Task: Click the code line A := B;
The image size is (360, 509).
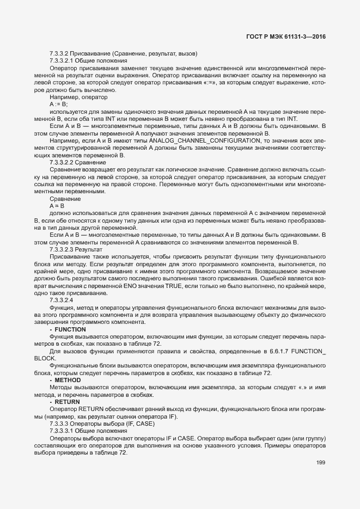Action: click(x=58, y=103)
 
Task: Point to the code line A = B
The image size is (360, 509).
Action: click(x=57, y=206)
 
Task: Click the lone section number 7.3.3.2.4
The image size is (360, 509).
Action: click(x=61, y=301)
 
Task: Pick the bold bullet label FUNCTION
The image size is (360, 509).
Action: click(x=70, y=330)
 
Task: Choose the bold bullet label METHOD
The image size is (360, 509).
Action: click(x=68, y=380)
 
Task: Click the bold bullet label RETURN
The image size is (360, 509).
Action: click(x=68, y=402)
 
